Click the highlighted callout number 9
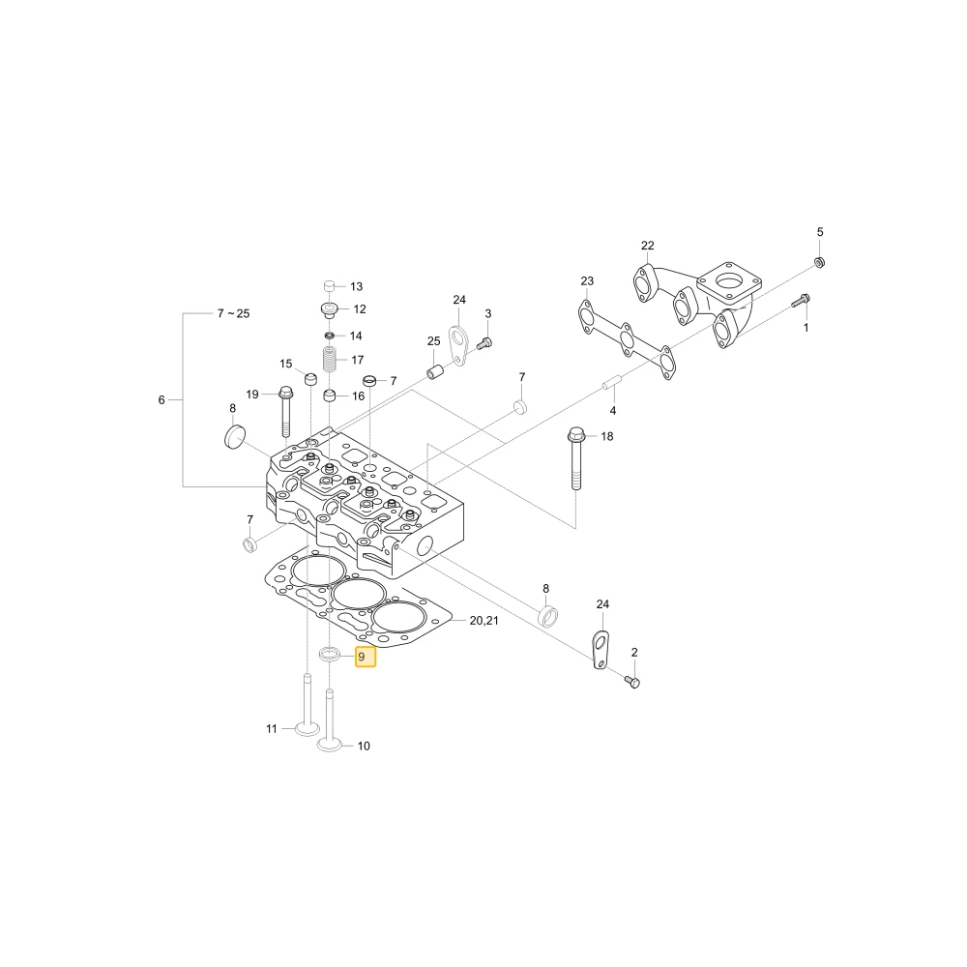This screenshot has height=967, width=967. point(366,657)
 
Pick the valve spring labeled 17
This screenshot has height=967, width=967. point(331,360)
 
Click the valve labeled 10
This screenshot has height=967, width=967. point(330,720)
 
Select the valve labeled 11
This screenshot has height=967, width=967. point(308,705)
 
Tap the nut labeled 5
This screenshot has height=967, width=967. point(820,262)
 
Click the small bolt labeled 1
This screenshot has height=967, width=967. point(801,301)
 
